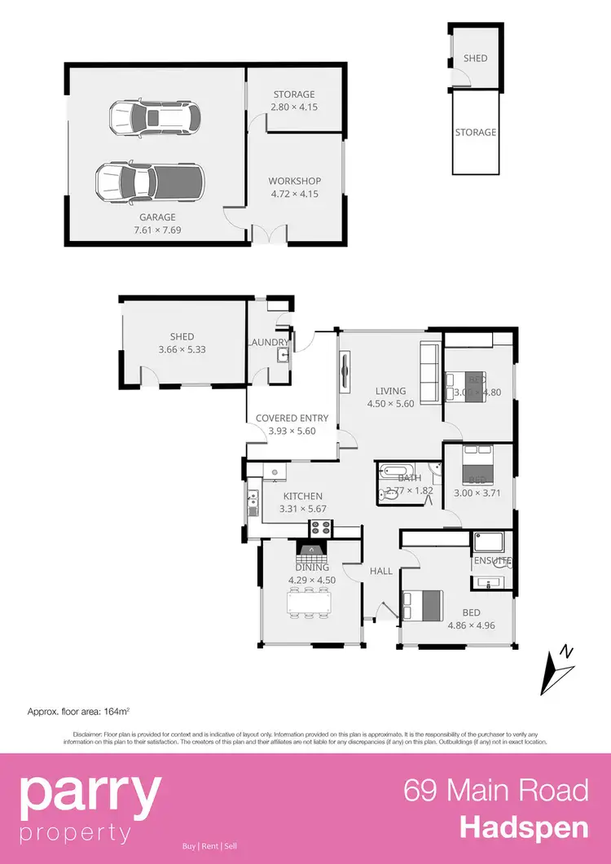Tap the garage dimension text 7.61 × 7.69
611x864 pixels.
(x=157, y=230)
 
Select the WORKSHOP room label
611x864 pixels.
(x=295, y=181)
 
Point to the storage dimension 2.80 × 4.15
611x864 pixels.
(x=294, y=107)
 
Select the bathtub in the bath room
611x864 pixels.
(x=397, y=471)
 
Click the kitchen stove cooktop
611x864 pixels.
(x=320, y=527)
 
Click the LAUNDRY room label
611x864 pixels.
(x=268, y=343)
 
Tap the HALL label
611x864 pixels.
(x=381, y=572)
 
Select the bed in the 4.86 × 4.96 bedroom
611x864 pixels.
(x=421, y=605)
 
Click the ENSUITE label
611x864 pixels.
(x=492, y=561)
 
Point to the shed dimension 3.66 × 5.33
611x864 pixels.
(x=182, y=349)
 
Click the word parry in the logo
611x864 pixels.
(x=90, y=796)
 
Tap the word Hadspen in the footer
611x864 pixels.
(x=524, y=828)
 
